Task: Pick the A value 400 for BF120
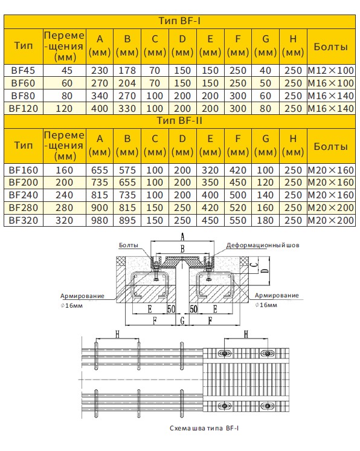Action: point(100,109)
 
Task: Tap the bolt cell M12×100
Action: point(330,70)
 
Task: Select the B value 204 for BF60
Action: point(127,83)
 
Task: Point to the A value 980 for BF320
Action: point(100,220)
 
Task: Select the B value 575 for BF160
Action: point(127,170)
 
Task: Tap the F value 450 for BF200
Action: point(238,183)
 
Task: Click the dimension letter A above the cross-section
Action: point(182,236)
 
